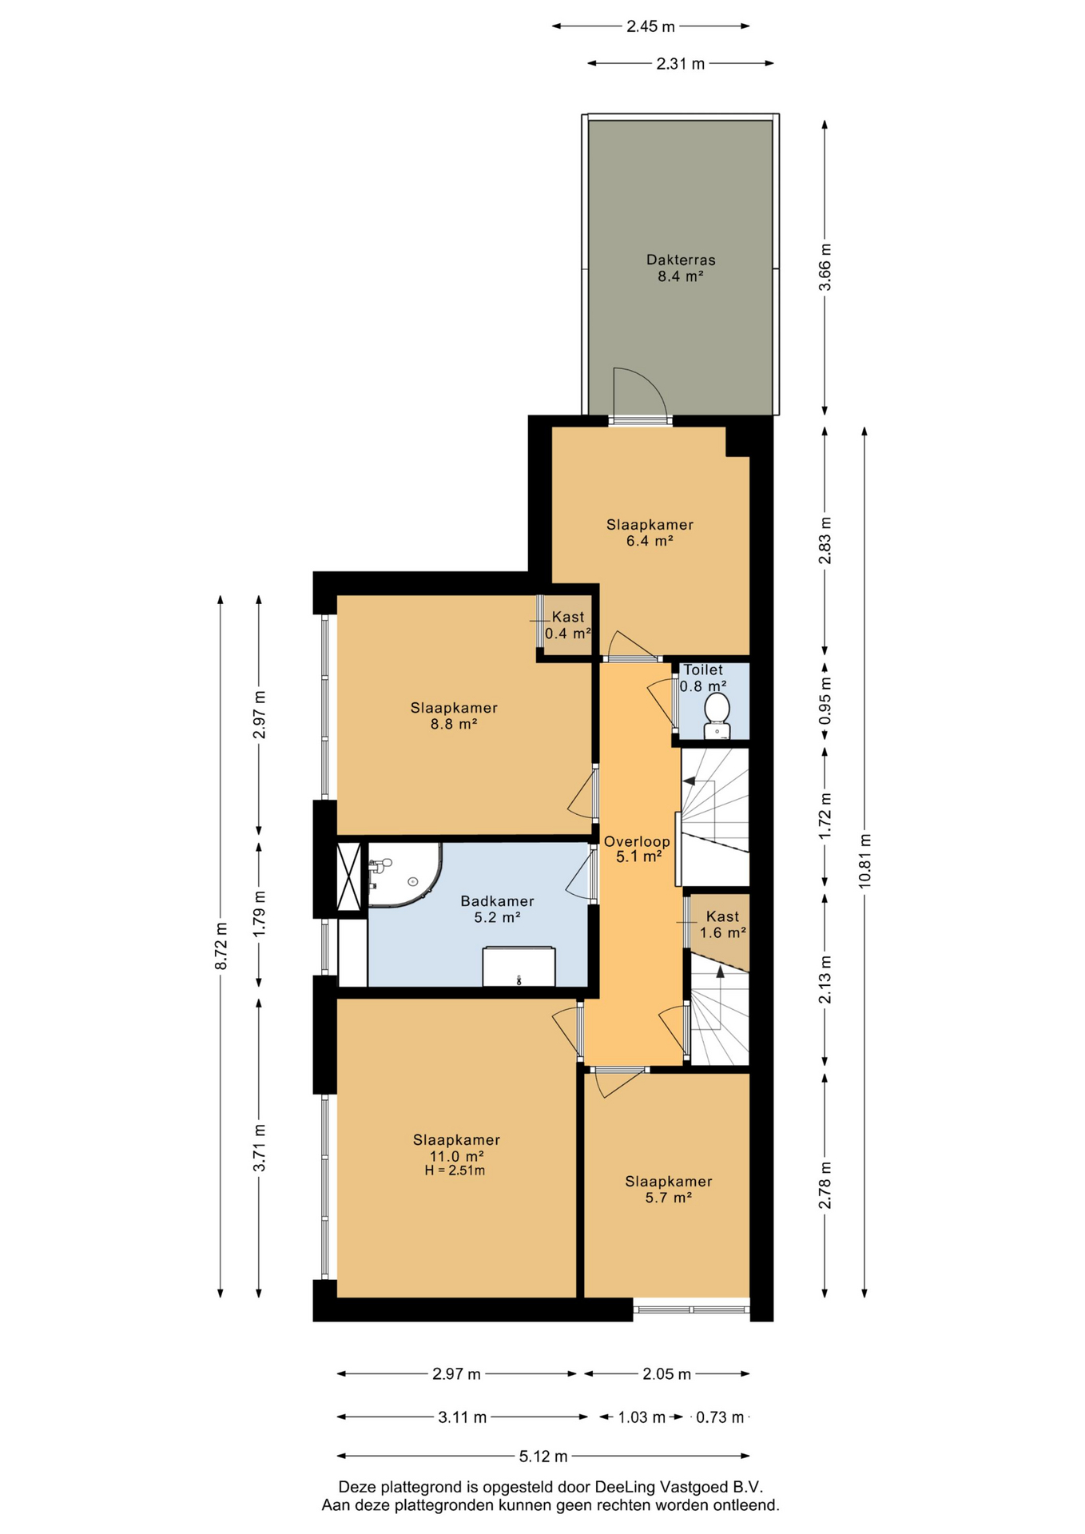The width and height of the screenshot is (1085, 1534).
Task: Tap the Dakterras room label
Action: (681, 260)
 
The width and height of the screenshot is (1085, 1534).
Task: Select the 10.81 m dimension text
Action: (864, 861)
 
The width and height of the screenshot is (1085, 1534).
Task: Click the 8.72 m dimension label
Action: (221, 946)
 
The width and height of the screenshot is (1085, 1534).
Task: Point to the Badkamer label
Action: (497, 901)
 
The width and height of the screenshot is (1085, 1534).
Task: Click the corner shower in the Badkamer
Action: (403, 875)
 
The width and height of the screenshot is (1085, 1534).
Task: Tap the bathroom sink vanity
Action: (519, 967)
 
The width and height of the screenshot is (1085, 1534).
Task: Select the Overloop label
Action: (637, 841)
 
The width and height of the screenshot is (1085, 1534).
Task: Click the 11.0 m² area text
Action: (457, 1156)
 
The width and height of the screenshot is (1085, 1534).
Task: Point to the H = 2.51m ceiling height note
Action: (455, 1171)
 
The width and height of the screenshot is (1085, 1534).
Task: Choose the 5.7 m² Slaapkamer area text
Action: (668, 1198)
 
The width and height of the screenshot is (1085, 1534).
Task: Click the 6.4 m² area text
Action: (650, 541)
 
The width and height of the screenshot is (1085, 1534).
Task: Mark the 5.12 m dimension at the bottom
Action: (543, 1457)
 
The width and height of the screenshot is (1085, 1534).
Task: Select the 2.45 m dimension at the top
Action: (650, 26)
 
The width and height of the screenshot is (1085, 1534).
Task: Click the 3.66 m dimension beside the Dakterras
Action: (825, 267)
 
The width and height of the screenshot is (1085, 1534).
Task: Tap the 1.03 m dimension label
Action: (642, 1417)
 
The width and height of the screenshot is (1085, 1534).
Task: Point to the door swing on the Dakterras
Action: (639, 392)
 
